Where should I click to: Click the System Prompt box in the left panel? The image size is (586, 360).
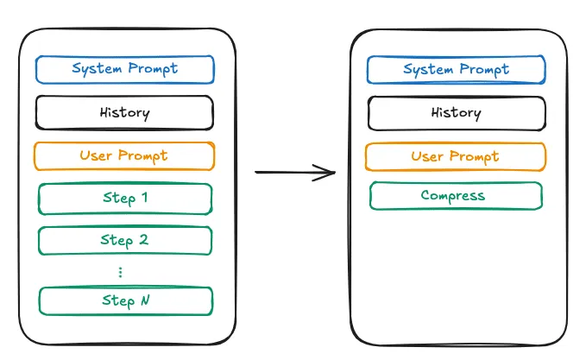pos(125,70)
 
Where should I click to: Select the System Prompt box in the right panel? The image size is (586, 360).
pos(456,70)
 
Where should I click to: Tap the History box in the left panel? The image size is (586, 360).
pos(124,112)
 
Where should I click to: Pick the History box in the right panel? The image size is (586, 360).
pos(457,113)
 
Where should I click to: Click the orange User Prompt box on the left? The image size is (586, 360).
pos(124,156)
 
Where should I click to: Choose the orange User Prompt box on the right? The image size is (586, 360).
pos(456,156)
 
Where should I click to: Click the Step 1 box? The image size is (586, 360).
pos(125,199)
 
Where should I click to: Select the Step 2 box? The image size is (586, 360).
pos(125,240)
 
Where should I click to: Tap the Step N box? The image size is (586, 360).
pos(126,301)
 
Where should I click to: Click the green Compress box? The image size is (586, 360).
pos(456,196)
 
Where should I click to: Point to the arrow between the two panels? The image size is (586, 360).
pos(295,173)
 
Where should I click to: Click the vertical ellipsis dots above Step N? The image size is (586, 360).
pos(120,272)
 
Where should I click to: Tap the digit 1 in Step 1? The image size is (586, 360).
pos(145,197)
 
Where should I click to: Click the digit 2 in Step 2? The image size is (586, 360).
pos(144,239)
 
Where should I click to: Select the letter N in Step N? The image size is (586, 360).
pos(145,300)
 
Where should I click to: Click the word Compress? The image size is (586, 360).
pos(453,196)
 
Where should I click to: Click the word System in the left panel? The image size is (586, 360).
pos(97,69)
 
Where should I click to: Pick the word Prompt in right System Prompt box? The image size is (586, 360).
pos(484,70)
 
